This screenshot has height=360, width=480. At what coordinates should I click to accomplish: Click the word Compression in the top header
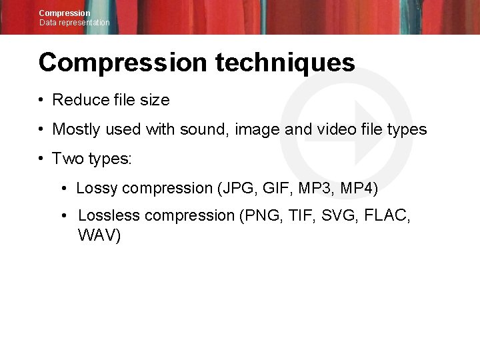[65, 13]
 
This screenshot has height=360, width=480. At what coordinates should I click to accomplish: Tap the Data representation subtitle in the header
[74, 23]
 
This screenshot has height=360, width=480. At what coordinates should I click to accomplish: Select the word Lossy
[97, 188]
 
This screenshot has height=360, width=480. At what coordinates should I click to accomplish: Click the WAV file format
[99, 235]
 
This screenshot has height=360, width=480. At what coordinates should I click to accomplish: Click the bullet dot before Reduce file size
[41, 101]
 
